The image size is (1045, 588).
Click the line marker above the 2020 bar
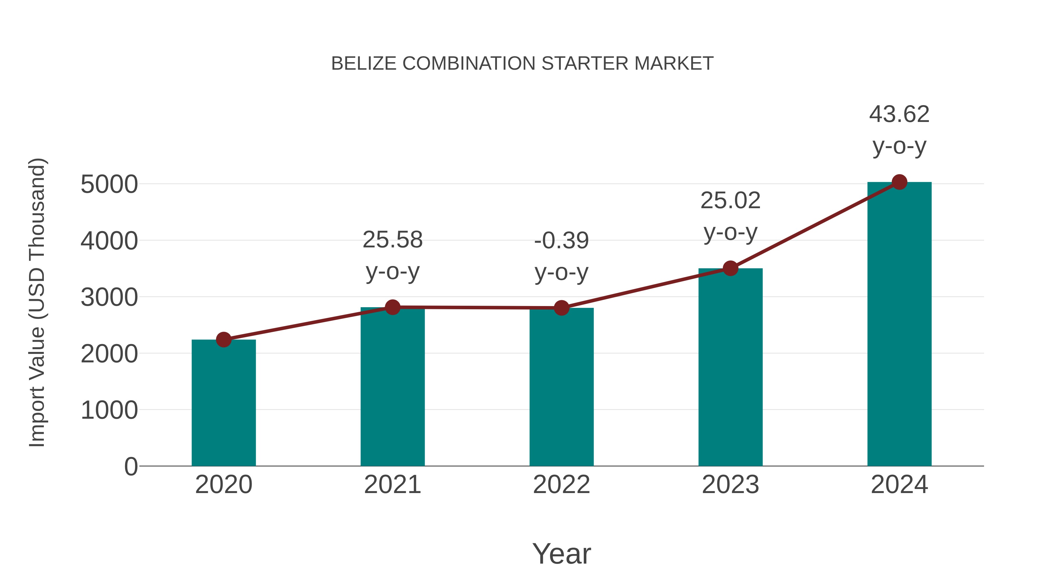click(x=224, y=340)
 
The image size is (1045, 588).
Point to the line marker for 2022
click(x=561, y=308)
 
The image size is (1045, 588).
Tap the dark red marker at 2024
click(x=899, y=182)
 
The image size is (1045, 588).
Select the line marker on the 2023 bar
click(x=730, y=268)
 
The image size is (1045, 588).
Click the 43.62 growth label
click(x=899, y=114)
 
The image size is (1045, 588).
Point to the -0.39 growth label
click(x=561, y=241)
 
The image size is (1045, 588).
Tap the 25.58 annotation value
click(x=392, y=240)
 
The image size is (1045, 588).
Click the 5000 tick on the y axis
click(x=109, y=185)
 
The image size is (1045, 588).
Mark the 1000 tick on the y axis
click(x=109, y=410)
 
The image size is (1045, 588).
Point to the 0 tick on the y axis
click(x=131, y=467)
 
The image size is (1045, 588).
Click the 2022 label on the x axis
click(x=561, y=485)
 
